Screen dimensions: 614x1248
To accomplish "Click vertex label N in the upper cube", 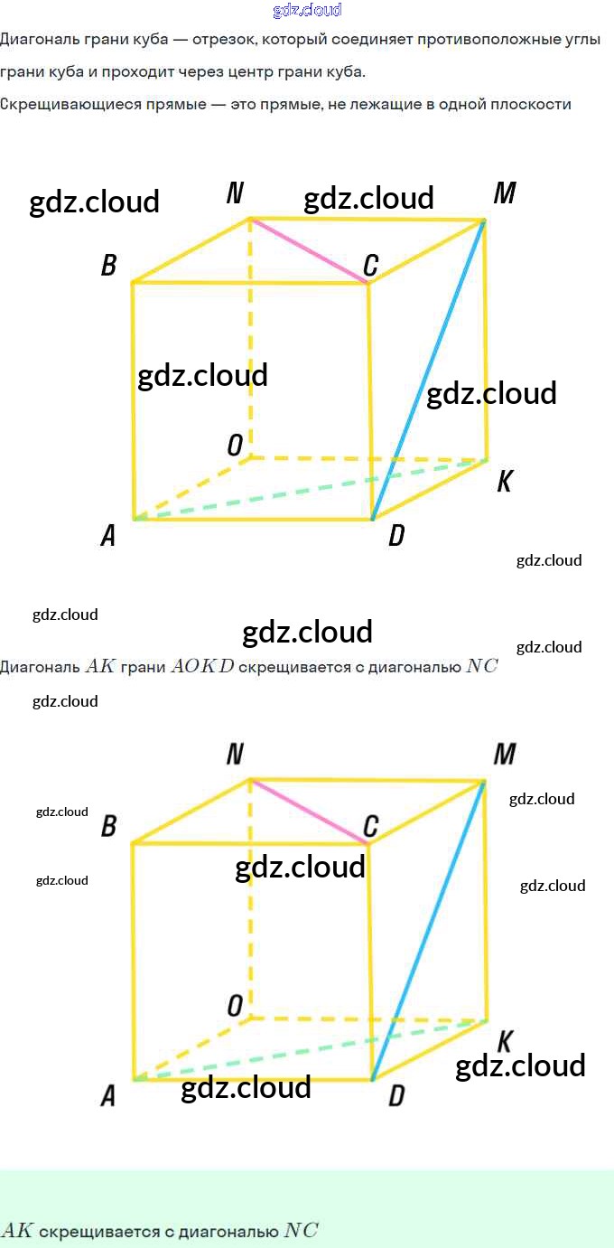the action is (x=235, y=193).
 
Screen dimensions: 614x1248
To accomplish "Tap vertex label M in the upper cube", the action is (x=505, y=193).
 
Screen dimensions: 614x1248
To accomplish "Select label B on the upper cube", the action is (x=109, y=265).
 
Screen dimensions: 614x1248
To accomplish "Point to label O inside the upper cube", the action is (x=235, y=446).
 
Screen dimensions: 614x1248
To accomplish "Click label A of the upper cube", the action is (x=108, y=535).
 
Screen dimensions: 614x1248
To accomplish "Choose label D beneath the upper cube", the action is (x=396, y=535).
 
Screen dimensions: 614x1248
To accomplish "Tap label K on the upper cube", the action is (x=505, y=481).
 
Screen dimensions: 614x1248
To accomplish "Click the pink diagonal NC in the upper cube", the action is (x=309, y=251).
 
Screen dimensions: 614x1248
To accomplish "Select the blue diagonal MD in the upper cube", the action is (x=428, y=370).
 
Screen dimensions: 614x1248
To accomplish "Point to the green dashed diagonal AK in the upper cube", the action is (x=310, y=490).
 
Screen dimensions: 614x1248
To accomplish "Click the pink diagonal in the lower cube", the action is (x=309, y=812).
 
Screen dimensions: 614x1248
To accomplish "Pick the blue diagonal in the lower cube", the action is (x=428, y=931).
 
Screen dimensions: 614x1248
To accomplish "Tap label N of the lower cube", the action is (x=235, y=755).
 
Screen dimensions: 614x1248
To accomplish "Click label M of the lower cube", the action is (x=505, y=755).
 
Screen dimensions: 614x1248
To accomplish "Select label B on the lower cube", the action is (x=109, y=826).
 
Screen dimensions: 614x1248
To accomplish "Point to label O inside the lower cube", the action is (x=235, y=1006).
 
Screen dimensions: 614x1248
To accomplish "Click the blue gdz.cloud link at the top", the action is (x=307, y=10).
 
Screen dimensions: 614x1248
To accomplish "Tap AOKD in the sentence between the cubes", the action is (x=202, y=666).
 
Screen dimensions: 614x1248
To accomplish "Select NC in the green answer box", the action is (x=302, y=1231).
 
